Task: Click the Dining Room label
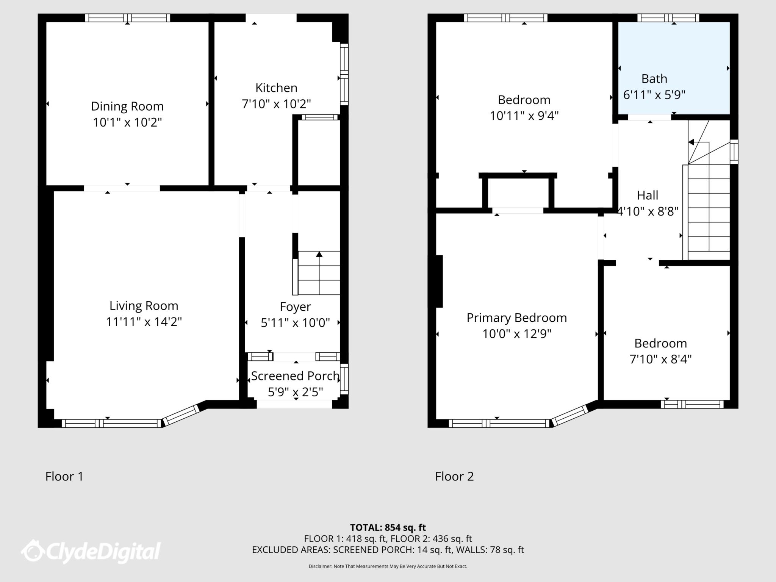tap(127, 106)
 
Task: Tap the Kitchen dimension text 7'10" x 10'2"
tap(276, 104)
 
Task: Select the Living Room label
tap(144, 306)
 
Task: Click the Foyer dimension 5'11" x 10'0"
tap(295, 323)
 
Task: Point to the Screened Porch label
tap(295, 376)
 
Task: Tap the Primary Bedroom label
tap(516, 318)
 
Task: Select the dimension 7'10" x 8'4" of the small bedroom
tap(660, 359)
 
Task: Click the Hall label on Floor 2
tap(647, 196)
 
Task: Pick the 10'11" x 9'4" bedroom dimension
tap(524, 116)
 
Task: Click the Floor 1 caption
tap(64, 476)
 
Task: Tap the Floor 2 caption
tap(454, 476)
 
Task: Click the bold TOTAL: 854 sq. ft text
tap(388, 527)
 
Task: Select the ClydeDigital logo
tap(91, 551)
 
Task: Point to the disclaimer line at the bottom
tap(388, 566)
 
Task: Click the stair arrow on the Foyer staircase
tap(319, 255)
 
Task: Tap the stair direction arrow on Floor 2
tap(692, 142)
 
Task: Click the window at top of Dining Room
tap(127, 18)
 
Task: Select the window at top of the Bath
tap(668, 18)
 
